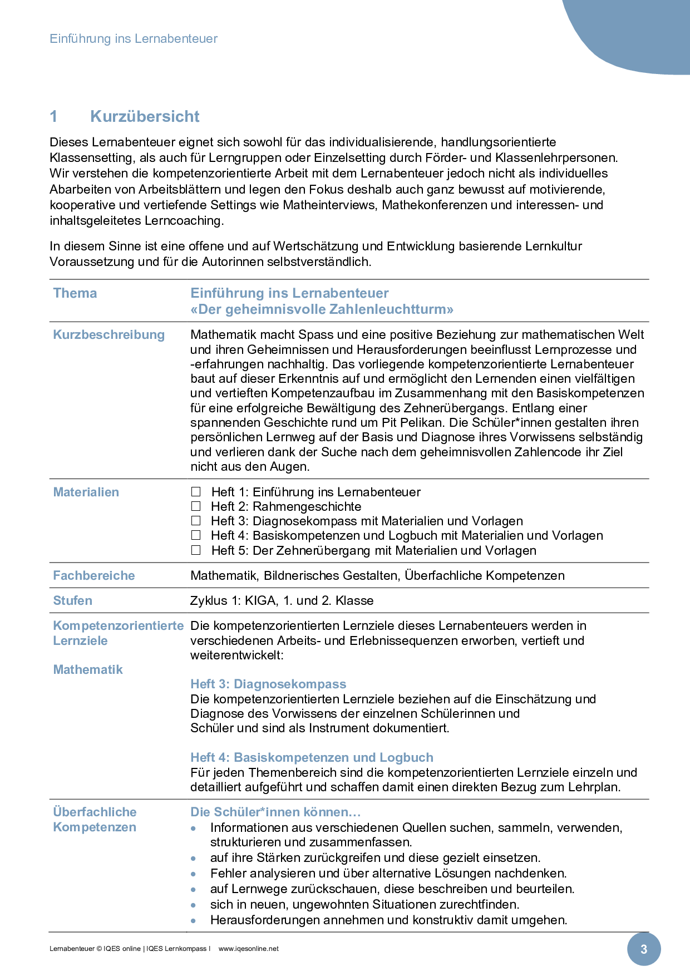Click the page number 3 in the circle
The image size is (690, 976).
point(644,949)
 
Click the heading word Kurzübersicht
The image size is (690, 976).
point(145,116)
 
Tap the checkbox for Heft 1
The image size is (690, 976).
point(196,492)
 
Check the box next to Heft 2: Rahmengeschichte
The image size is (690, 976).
point(196,506)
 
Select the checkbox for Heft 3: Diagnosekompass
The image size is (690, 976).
point(196,521)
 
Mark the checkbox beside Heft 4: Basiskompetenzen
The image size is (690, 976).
point(196,535)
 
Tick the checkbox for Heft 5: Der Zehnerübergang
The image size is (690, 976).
point(196,550)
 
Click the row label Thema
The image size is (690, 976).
point(75,293)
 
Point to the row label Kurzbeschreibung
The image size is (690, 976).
point(109,334)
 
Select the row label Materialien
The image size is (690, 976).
point(86,492)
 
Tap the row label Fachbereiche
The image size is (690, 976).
point(94,575)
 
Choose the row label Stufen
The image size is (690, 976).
point(73,600)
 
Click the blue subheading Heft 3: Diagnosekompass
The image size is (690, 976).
point(268,684)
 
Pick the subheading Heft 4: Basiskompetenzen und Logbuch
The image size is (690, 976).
point(312,757)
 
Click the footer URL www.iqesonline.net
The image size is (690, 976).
point(248,949)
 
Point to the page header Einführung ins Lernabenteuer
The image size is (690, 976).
point(134,38)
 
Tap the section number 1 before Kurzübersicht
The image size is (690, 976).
point(54,116)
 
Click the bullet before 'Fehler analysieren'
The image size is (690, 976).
point(194,874)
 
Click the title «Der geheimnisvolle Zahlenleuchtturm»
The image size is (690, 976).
point(322,309)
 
